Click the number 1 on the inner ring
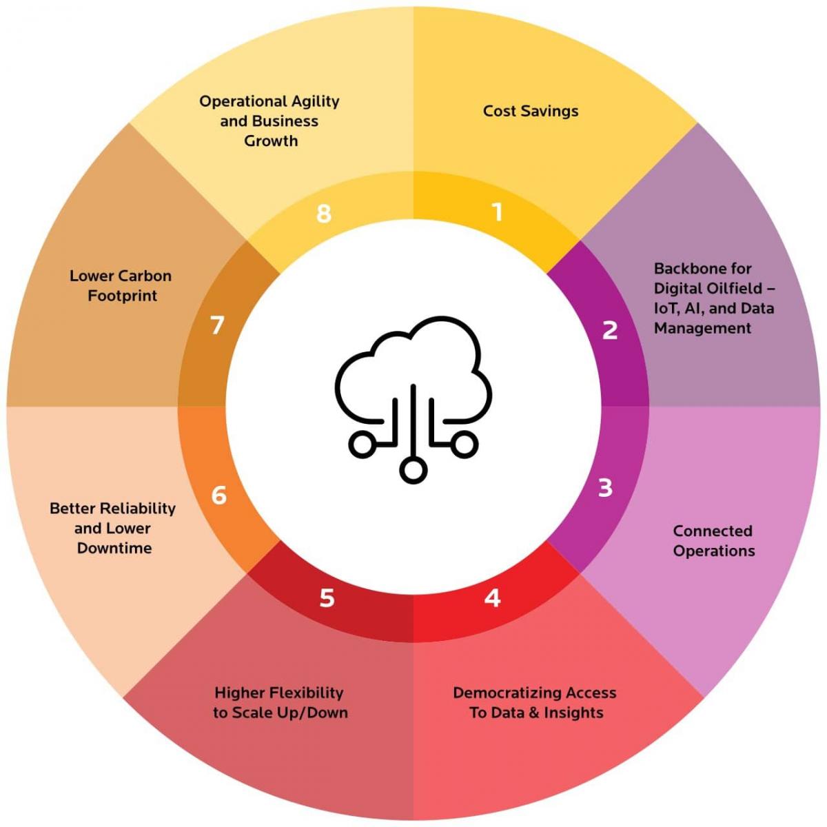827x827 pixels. point(497,212)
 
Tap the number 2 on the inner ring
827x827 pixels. point(610,330)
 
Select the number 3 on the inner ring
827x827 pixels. point(605,487)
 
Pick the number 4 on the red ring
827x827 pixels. point(492,598)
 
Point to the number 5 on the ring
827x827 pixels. point(327,598)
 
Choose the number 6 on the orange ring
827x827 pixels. point(218,495)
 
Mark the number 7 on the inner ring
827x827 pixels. point(218,325)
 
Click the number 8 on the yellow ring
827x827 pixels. point(324,213)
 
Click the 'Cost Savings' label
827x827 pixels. point(531,111)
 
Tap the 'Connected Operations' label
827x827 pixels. point(713,540)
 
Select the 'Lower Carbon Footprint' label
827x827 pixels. point(121,285)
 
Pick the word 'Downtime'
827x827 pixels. point(114,548)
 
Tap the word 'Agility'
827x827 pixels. point(314,101)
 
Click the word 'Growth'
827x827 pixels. point(271,141)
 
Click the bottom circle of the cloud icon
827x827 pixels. point(413,471)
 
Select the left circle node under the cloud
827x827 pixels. point(360,445)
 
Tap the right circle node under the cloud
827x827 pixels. point(465,445)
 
